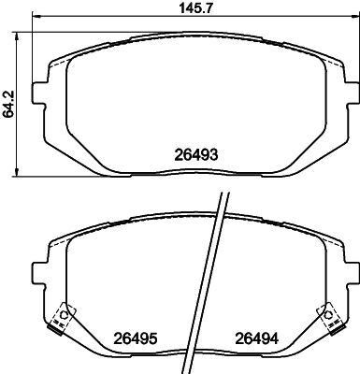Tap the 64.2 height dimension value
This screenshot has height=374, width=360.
pos(9,102)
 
